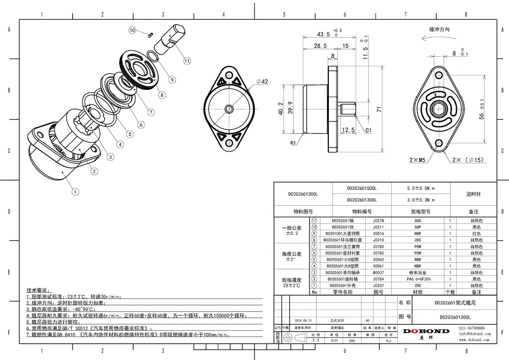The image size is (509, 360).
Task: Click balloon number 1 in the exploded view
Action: point(75,191)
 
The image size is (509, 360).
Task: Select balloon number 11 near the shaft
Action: point(186,61)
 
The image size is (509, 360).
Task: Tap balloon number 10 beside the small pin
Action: point(133,30)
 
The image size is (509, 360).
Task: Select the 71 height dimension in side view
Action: point(379,110)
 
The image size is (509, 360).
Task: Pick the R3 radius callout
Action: point(292,143)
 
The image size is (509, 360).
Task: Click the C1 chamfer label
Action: point(368,130)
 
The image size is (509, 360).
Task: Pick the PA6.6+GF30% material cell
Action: point(418,279)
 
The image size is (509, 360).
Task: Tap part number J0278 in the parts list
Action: point(378,220)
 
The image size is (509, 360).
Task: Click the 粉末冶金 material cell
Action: point(418,272)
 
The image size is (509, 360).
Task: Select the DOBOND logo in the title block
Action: point(425,331)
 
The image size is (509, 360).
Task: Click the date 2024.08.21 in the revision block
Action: point(303,320)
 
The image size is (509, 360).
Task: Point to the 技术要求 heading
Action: point(38,290)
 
